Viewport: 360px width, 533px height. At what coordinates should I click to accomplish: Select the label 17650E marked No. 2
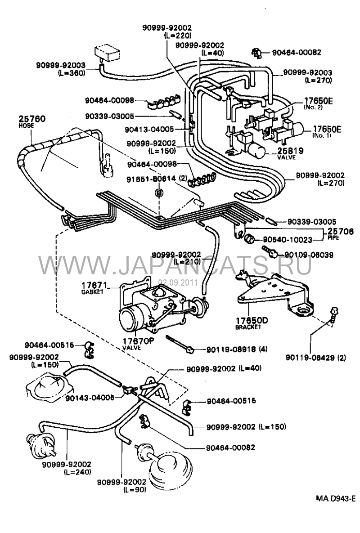[x=317, y=101]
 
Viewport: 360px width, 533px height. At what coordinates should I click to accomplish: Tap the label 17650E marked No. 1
[x=326, y=130]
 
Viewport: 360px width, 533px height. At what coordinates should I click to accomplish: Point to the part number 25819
[x=291, y=151]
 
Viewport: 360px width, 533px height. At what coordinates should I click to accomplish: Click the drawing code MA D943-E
[x=335, y=498]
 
